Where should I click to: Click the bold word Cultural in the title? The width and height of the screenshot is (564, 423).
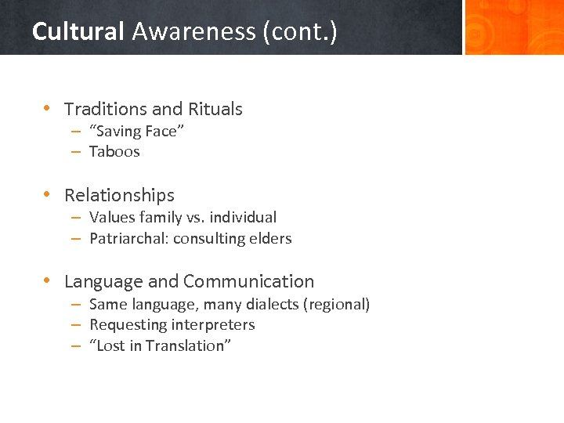(x=78, y=31)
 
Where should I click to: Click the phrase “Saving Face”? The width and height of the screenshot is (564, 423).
(x=136, y=131)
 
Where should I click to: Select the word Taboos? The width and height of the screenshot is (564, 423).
(x=114, y=151)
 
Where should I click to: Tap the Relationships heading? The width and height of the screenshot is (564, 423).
(x=119, y=195)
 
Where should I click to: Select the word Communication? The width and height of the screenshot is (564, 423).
(x=248, y=281)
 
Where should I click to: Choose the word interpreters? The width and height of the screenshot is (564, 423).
(x=212, y=324)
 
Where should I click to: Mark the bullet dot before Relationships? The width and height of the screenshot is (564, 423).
(x=48, y=194)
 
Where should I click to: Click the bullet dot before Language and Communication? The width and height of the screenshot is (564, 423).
(x=48, y=280)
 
